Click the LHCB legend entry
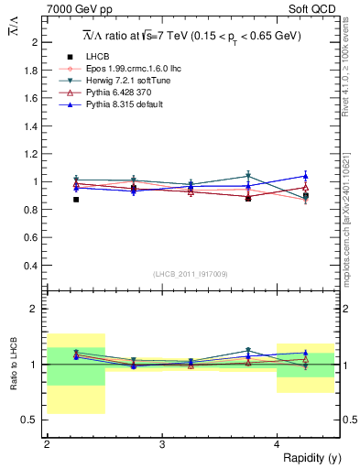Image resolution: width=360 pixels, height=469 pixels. [x=97, y=58]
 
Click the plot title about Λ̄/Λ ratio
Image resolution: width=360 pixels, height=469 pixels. [x=191, y=36]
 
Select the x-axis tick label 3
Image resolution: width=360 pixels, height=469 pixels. [x=162, y=443]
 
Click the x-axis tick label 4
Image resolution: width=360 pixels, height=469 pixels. [x=278, y=443]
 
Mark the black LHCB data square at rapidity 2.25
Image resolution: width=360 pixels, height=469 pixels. [x=76, y=199]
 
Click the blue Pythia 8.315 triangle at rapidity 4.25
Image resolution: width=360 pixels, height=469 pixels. [x=306, y=176]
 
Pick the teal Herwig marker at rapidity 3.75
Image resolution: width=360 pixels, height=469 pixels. [x=248, y=176]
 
